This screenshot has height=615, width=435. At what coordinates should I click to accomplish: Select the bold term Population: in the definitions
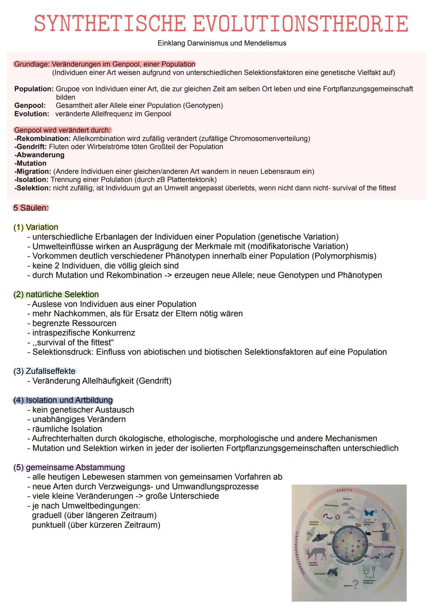coord(34,89)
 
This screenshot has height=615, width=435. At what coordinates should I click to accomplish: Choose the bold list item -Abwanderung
coord(39,155)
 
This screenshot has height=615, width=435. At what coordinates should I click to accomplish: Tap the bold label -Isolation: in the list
coord(31,180)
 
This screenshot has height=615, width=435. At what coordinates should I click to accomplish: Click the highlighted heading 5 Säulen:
coord(31,208)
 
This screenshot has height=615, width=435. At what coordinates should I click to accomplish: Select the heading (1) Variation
coord(36,227)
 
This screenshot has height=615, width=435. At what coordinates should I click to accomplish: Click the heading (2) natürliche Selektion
coord(56,294)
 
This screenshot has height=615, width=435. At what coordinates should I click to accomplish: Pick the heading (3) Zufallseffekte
coord(44,371)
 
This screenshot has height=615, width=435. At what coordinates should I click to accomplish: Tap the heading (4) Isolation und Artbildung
coord(63,400)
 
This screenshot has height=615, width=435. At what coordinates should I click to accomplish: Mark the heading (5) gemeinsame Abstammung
coord(69,467)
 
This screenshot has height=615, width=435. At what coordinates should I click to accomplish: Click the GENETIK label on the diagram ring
coord(344,490)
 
